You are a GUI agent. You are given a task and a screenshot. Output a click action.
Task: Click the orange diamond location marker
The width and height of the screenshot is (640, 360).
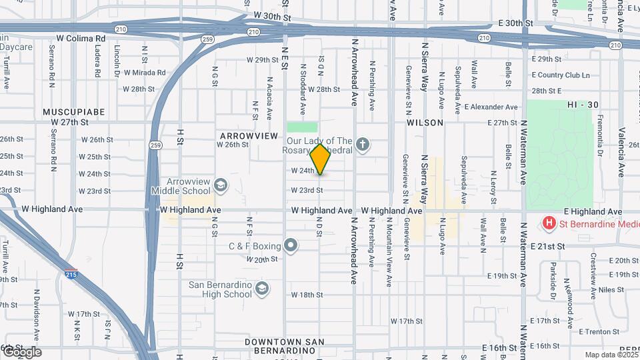[321, 159]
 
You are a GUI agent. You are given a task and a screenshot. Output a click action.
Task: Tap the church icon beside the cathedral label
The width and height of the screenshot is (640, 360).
[362, 144]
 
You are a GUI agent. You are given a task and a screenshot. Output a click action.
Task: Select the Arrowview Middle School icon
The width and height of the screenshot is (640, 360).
[220, 185]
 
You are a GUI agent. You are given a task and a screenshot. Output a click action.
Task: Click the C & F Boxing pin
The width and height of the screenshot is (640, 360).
[291, 246]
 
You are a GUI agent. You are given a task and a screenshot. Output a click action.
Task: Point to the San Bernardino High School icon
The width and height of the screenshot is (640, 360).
[262, 289]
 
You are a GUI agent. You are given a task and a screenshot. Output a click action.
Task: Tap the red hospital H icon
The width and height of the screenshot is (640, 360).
[549, 223]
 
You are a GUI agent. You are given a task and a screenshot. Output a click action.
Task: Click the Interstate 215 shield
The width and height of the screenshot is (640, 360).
[70, 273]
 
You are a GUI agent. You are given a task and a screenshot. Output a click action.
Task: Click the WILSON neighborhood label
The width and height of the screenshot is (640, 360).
[425, 123]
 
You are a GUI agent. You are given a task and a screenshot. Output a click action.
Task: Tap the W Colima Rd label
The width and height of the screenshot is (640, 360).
[81, 39]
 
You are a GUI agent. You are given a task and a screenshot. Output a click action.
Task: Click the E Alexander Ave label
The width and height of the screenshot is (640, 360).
[491, 107]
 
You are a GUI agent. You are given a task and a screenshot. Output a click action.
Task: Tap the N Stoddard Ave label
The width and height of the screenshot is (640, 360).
[302, 89]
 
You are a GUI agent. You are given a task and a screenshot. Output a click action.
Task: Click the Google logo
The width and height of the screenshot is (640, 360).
[22, 352]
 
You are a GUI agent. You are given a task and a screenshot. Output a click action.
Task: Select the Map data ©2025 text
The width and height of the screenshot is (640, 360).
[610, 355]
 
